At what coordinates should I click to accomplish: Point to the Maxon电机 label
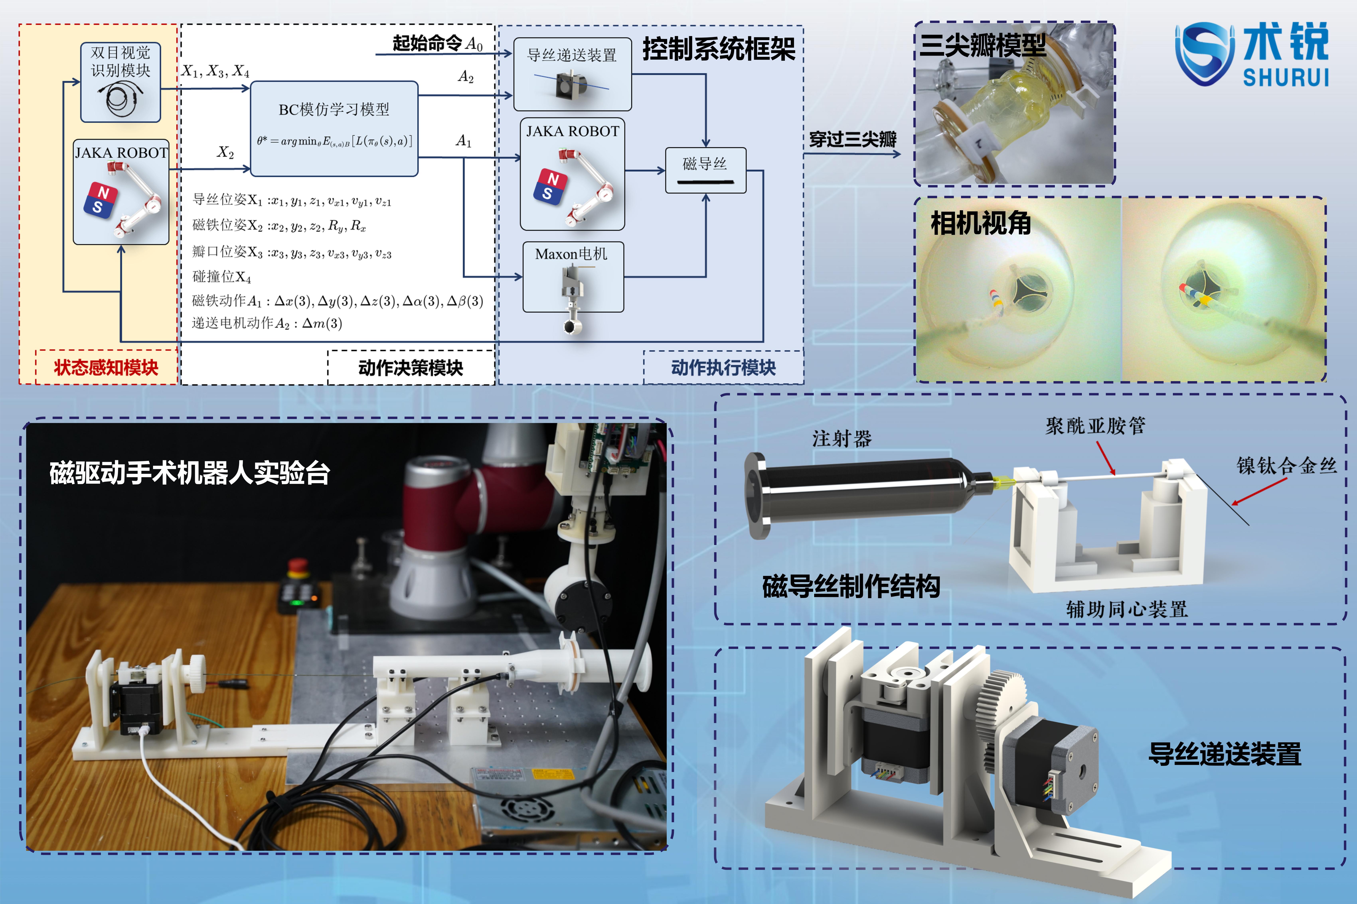571,254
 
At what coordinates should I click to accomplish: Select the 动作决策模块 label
411,368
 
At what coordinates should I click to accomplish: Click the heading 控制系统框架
719,48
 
